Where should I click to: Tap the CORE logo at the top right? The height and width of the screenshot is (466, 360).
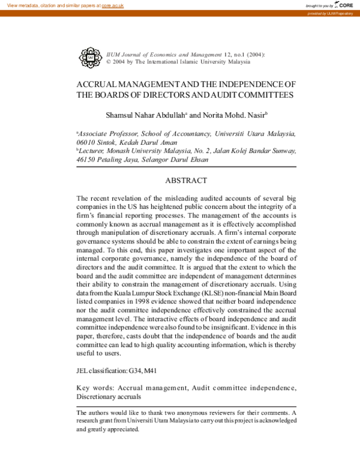(x=344, y=5)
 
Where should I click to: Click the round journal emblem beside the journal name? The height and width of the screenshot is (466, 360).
(x=90, y=57)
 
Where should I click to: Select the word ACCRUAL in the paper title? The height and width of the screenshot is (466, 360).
(x=100, y=85)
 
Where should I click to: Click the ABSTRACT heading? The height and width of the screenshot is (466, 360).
(x=186, y=181)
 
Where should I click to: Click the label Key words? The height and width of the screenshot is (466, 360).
(x=95, y=388)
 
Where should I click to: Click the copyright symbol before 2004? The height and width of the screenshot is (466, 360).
(x=108, y=61)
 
